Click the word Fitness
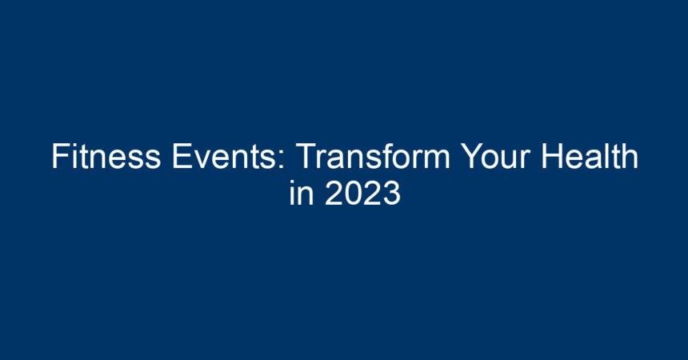106,156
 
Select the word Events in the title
224,156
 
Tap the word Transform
374,156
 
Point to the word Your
495,156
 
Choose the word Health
590,156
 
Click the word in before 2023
302,193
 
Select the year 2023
362,193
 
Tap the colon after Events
283,160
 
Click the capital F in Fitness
61,156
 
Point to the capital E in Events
182,156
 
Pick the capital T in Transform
306,156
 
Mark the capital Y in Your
472,156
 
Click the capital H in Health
552,156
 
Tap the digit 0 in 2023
353,193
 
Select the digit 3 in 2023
391,193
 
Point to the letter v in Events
202,160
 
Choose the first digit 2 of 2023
334,193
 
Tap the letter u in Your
510,160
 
